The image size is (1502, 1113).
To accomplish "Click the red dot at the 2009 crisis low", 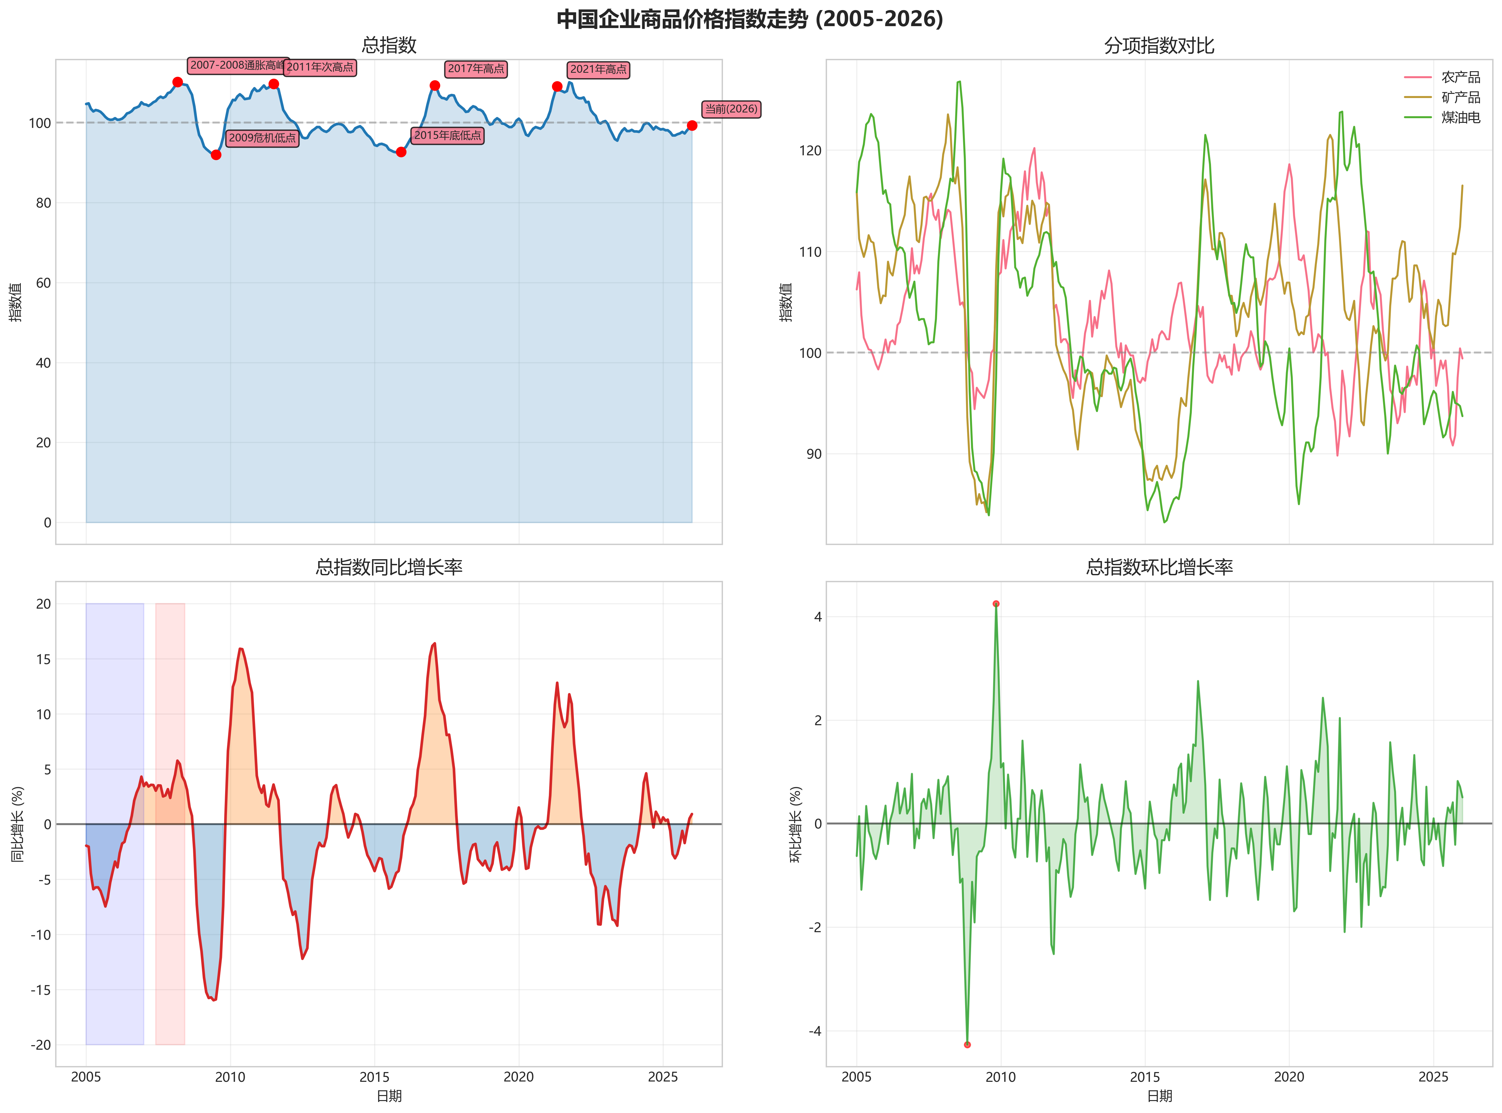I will [216, 155].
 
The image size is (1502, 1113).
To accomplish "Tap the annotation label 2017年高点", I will [475, 69].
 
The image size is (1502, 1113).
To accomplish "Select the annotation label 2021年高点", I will [598, 69].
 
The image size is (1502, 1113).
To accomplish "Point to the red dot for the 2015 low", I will [401, 152].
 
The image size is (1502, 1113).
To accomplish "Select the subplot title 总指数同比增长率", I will [389, 567].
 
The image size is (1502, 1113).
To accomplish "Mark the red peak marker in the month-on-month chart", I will [996, 604].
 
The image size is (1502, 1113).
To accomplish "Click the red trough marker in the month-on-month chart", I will [967, 1044].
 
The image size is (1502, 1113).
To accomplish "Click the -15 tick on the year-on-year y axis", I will [40, 990].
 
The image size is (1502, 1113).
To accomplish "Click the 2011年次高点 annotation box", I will [320, 67].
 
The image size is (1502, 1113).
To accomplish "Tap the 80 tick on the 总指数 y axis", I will [43, 203].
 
